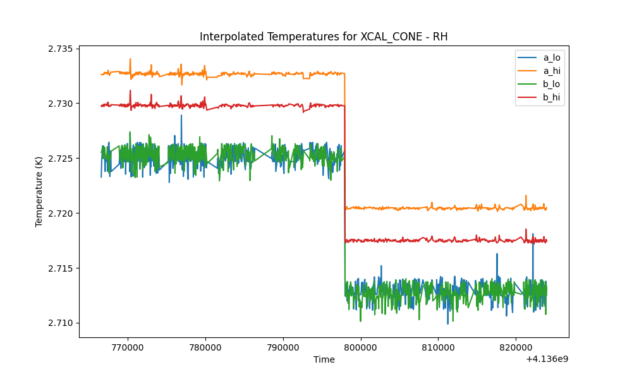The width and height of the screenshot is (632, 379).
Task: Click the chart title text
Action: tap(324, 37)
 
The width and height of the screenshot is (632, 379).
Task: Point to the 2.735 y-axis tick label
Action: tap(61, 49)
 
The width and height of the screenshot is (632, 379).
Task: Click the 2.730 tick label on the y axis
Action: tap(61, 104)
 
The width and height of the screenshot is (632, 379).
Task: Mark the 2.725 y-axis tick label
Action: tap(61, 159)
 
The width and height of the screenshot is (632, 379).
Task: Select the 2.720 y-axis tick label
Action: tap(61, 213)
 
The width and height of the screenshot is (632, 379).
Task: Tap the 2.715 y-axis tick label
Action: tap(61, 268)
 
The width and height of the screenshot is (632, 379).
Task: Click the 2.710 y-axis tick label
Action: tap(61, 323)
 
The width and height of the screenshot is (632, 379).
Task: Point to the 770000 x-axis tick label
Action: tap(128, 347)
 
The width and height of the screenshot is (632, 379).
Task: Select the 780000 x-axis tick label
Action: tap(205, 347)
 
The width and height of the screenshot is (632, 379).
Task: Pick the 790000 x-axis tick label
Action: tap(283, 347)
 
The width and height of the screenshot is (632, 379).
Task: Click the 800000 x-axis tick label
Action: tap(361, 347)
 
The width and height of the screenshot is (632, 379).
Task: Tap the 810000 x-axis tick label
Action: tap(438, 347)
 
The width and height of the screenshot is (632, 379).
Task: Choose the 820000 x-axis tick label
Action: tap(516, 347)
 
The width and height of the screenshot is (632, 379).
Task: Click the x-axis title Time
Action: tap(324, 359)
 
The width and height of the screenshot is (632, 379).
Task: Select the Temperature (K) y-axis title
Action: tap(39, 192)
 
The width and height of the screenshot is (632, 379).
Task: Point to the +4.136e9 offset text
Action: tap(547, 359)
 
